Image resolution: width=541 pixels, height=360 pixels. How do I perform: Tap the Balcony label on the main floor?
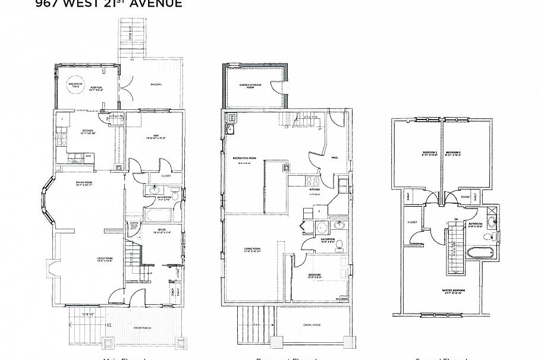156,85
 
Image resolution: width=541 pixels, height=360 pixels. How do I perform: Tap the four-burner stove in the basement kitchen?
312,179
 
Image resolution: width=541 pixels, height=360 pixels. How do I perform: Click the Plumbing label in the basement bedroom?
342,299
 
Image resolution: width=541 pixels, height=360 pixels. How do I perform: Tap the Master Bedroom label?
454,290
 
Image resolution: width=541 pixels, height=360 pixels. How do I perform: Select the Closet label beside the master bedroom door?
412,222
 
